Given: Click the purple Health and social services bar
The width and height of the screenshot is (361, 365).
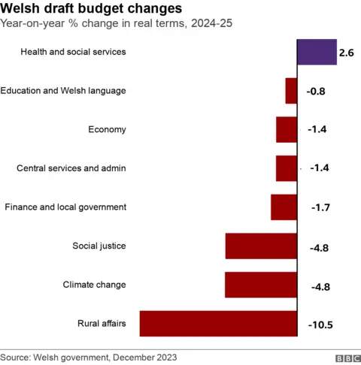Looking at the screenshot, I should (317, 53).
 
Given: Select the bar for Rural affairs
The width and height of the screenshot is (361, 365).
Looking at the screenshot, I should (218, 324).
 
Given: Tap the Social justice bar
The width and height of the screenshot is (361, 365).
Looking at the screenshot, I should (261, 246).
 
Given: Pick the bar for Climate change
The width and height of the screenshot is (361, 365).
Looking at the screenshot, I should (261, 285).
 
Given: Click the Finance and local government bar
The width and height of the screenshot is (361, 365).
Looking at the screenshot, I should (284, 207).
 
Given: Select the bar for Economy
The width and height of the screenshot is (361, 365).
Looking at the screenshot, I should (287, 130).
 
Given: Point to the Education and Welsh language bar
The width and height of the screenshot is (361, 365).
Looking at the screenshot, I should (291, 91).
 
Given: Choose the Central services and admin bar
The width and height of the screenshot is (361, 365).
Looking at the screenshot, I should (287, 168).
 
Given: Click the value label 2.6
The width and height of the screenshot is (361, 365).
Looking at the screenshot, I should (347, 53).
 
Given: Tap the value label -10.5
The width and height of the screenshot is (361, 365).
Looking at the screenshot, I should (320, 325).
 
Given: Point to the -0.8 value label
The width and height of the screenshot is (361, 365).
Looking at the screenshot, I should (316, 92).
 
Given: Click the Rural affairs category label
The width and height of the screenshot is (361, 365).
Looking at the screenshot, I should (102, 324).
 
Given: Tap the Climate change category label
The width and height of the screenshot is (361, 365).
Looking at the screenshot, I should (94, 285).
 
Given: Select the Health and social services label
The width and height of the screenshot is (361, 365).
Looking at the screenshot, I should (73, 52).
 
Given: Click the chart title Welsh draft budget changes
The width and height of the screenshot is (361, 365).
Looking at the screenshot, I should (91, 9).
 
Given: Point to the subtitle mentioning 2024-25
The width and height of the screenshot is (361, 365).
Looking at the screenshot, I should (117, 24).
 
